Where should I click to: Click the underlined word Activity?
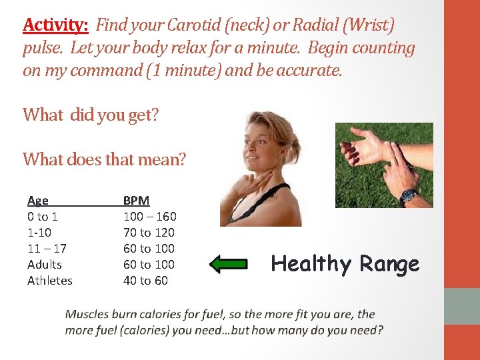pos(55,25)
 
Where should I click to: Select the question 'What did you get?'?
pos(91,115)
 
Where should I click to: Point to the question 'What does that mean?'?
pos(105,159)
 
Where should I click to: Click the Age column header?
pos(38,200)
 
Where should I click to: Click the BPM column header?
pos(137,200)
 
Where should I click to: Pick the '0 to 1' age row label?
pos(43,216)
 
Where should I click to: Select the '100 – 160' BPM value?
pos(150,216)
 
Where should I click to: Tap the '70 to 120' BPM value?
pos(149,232)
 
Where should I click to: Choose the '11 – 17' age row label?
pos(47,248)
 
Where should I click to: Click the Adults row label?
pos(45,264)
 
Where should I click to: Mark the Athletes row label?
pos(50,280)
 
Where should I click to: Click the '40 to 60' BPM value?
pos(145,280)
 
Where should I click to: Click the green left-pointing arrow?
pos(228,264)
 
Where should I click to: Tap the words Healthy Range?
pos(345,264)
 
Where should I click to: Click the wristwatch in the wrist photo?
pos(408,195)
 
